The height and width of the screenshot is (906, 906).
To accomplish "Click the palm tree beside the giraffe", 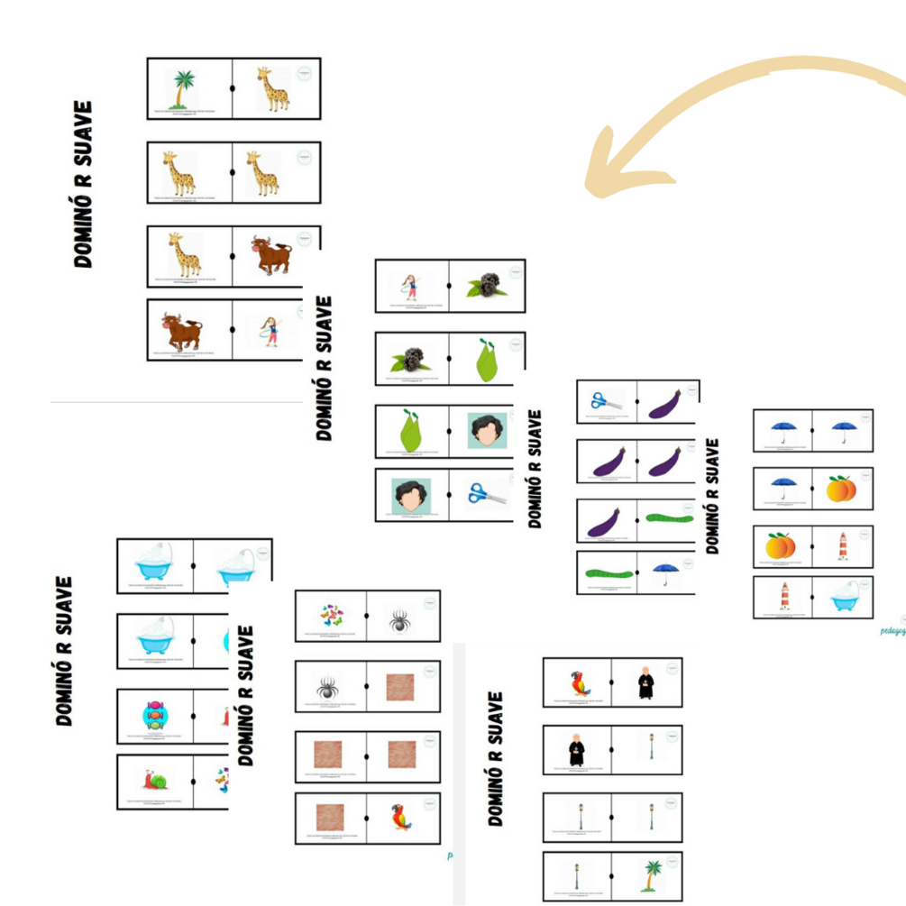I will pos(183,89).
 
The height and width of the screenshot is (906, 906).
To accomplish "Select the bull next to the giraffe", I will pos(271,255).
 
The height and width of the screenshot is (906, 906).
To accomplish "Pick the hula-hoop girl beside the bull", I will pos(270,331).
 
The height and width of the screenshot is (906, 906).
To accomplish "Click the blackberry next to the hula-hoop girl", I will pos(486,286).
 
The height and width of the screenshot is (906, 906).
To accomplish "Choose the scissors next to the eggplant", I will pos(606,401).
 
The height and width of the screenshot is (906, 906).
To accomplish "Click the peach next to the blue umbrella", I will pos(841,489).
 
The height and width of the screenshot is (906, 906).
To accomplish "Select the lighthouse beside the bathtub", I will pos(784,596).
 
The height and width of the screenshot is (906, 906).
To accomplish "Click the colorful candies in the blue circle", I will pos(155,716).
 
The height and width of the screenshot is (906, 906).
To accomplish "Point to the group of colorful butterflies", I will pos(331,616).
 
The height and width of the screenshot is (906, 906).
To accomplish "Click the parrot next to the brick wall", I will pos(400,817).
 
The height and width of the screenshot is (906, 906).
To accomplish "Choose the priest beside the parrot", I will pos(645,682).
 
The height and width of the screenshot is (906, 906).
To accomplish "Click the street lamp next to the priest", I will pos(651,746).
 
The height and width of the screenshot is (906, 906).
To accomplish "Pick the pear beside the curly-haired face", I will pos(411,432).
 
